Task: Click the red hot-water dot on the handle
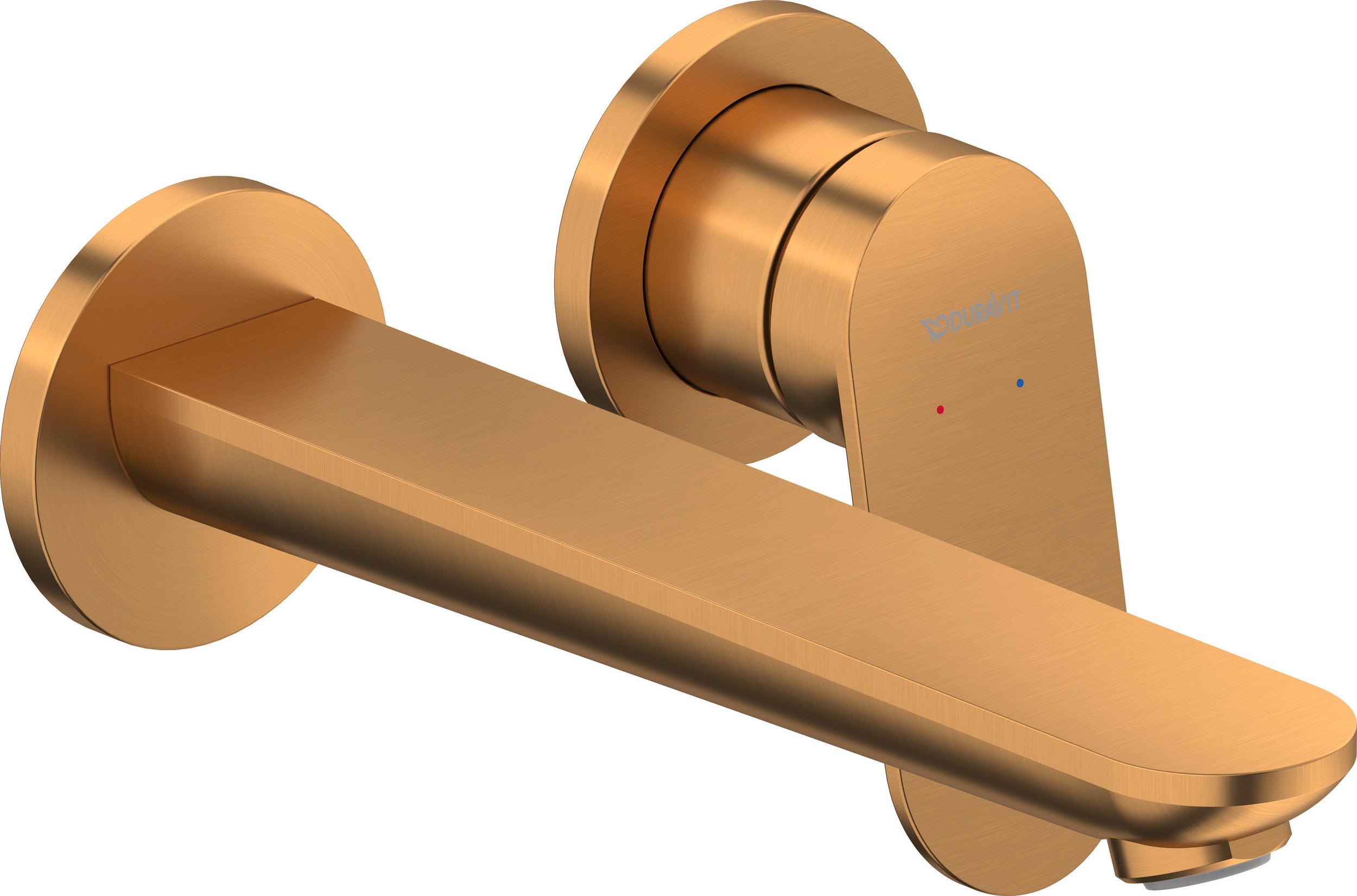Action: [x=941, y=410]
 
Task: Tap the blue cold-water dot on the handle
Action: [x=1020, y=383]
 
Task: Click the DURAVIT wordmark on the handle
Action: [x=971, y=316]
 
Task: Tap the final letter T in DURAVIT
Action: [x=1017, y=300]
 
